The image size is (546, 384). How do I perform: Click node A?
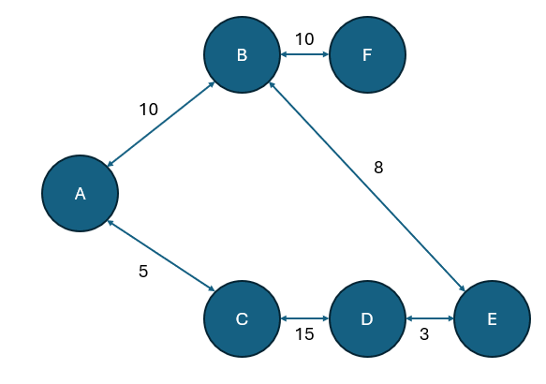(80, 194)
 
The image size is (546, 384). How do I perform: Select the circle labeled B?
(242, 55)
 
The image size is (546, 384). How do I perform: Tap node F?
(366, 55)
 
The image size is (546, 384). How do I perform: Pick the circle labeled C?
(242, 319)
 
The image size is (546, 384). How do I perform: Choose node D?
(366, 319)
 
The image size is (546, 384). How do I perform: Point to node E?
(492, 319)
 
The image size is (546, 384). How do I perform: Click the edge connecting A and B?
(161, 125)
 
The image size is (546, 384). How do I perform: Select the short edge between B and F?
(304, 55)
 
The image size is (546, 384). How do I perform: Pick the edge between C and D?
(304, 319)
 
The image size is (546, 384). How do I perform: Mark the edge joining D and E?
(429, 319)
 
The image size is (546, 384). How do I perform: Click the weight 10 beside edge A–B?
(148, 110)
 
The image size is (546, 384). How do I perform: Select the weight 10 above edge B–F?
(304, 39)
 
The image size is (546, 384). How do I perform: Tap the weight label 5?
(143, 273)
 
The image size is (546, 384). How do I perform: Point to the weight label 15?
(303, 334)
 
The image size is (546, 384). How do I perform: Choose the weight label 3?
(423, 334)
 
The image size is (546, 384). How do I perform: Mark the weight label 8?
(378, 168)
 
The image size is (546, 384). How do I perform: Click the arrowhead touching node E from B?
(463, 289)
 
